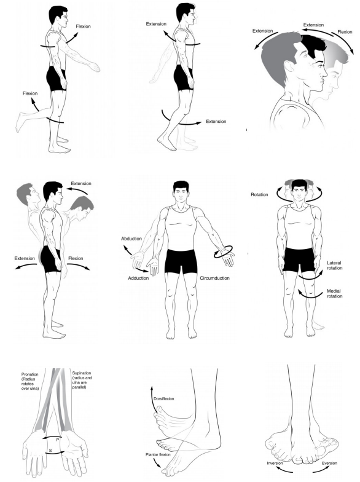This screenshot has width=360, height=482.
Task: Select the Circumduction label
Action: pyautogui.click(x=216, y=279)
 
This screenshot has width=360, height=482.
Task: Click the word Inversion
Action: pyautogui.click(x=275, y=462)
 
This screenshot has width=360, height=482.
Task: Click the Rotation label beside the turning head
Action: pyautogui.click(x=259, y=195)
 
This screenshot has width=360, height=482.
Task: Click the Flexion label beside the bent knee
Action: pyautogui.click(x=29, y=93)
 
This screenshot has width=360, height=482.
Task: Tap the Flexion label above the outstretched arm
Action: pyautogui.click(x=84, y=27)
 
